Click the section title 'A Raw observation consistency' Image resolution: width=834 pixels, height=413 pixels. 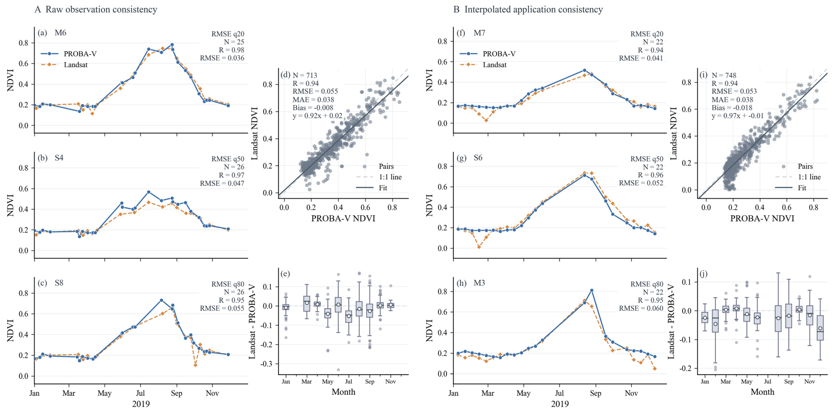pyautogui.click(x=96, y=9)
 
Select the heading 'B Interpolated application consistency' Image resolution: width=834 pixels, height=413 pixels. pyautogui.click(x=528, y=9)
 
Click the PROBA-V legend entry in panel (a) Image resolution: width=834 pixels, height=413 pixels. pyautogui.click(x=68, y=54)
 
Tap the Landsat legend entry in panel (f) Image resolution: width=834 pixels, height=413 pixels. pyautogui.click(x=483, y=65)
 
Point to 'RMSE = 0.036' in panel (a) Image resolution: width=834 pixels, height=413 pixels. pyautogui.click(x=222, y=58)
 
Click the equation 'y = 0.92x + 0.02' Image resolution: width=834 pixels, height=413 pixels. pyautogui.click(x=317, y=116)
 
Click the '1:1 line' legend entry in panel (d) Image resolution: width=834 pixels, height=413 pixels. pyautogui.click(x=379, y=177)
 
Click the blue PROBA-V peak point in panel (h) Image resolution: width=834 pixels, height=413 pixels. pyautogui.click(x=592, y=291)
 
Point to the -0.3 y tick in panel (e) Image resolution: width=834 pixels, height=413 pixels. pyautogui.click(x=267, y=364)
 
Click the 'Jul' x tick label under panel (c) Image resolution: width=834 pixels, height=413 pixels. pyautogui.click(x=140, y=393)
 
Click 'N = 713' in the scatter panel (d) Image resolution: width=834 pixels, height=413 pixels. pyautogui.click(x=305, y=75)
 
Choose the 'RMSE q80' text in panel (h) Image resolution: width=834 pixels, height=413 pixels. pyautogui.click(x=647, y=284)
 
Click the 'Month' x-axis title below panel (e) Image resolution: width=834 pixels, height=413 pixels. pyautogui.click(x=343, y=392)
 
